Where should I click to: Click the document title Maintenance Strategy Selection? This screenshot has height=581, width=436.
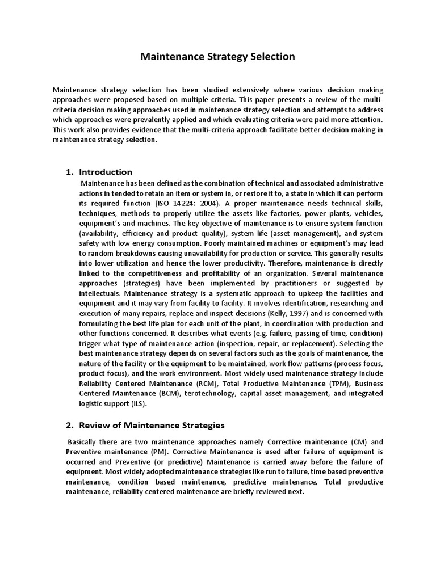point(217,57)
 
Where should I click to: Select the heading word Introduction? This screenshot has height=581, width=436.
point(106,172)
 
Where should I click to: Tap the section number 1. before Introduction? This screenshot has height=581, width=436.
point(70,172)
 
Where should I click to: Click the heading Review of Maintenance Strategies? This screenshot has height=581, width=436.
point(152,425)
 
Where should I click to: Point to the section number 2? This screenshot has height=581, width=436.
point(70,425)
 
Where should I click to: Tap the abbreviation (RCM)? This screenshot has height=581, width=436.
point(173,384)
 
